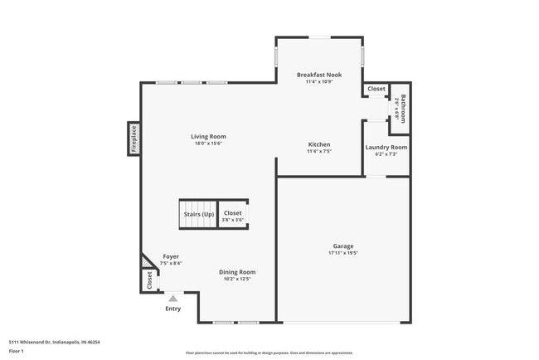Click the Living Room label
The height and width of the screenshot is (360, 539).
click(x=208, y=137)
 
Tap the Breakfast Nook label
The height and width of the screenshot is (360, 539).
click(x=319, y=75)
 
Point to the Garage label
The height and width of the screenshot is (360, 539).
click(x=343, y=246)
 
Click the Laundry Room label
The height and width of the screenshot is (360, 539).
click(x=386, y=148)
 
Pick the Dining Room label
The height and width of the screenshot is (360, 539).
click(x=237, y=272)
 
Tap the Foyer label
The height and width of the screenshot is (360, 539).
click(x=171, y=256)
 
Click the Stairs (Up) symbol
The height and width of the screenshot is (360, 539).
click(x=199, y=214)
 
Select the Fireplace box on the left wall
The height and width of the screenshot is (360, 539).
click(x=134, y=139)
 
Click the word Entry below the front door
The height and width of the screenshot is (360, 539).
click(x=172, y=309)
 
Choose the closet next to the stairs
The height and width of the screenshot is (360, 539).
click(x=233, y=214)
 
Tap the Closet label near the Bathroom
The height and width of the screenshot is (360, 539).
click(x=376, y=89)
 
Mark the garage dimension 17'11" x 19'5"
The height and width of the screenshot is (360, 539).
click(x=343, y=253)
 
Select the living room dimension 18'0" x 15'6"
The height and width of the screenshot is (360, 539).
click(x=208, y=144)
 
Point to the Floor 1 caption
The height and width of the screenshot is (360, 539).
click(x=17, y=351)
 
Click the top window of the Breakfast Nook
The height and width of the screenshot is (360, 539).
click(x=319, y=36)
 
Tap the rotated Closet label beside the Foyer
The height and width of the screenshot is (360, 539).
click(x=150, y=280)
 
